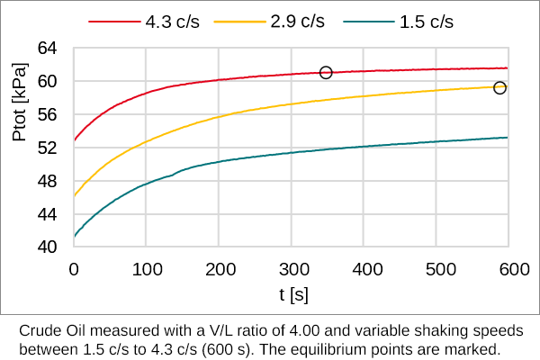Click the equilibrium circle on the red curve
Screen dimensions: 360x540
tap(326, 72)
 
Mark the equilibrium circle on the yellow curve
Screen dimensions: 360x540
tap(500, 87)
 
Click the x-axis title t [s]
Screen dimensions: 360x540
tap(293, 294)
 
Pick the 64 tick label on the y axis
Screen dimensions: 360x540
tap(47, 48)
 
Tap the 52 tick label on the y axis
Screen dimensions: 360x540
tap(47, 148)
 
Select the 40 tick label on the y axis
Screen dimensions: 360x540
tap(47, 247)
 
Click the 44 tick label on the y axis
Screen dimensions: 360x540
tap(47, 214)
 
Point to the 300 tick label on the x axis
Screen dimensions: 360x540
tap(292, 268)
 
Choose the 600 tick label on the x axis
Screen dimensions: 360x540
tap(510, 268)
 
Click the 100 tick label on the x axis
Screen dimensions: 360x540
tap(147, 268)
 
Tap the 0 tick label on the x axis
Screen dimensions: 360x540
tap(75, 268)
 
